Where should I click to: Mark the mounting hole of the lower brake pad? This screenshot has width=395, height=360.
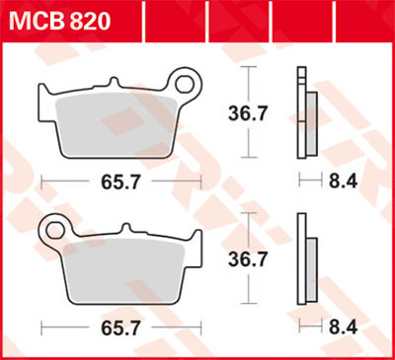coord(51,233)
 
